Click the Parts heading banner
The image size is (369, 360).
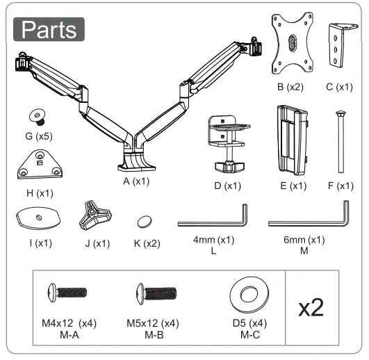49,29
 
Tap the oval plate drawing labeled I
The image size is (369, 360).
36,218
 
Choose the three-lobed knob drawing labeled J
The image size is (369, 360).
92,216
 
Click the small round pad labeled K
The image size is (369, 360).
144,222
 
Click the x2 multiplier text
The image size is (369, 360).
311,306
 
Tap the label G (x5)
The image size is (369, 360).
33,137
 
